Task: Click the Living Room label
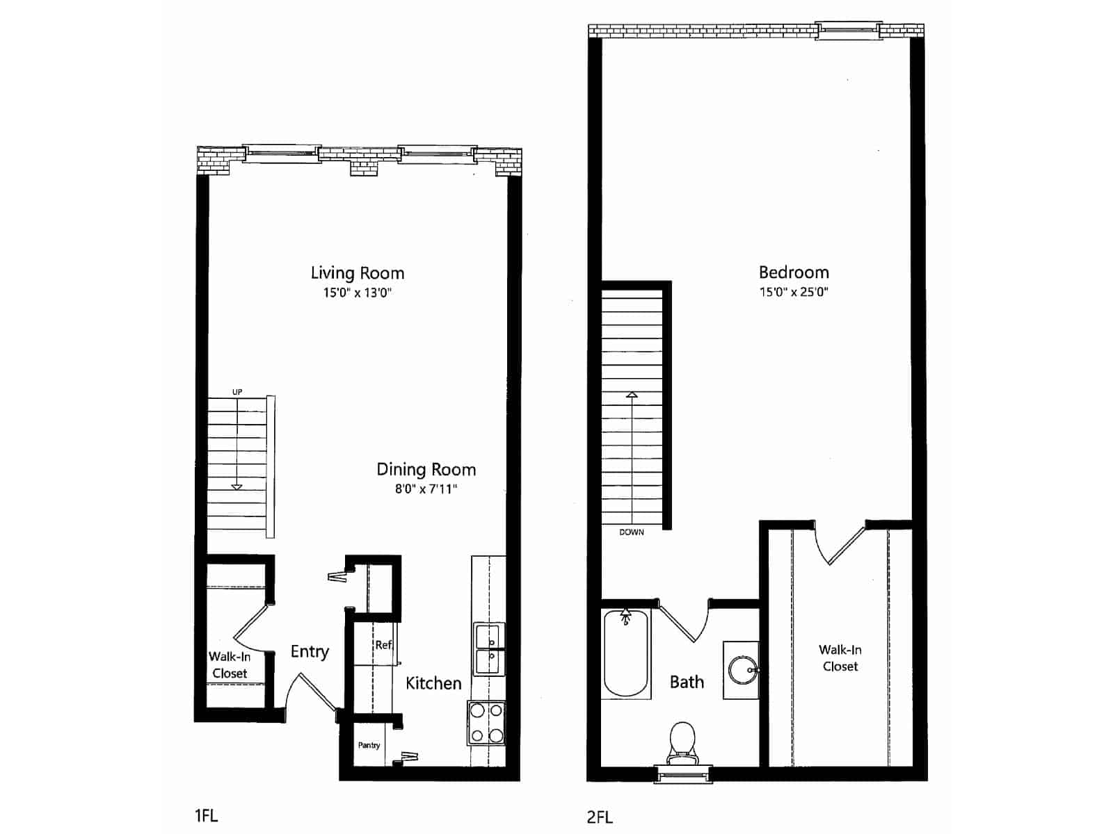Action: (x=357, y=273)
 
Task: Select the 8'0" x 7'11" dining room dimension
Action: (x=426, y=489)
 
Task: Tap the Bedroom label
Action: (x=793, y=272)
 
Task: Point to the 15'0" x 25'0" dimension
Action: (x=793, y=292)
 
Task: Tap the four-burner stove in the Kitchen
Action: (x=486, y=723)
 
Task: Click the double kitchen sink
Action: (x=489, y=649)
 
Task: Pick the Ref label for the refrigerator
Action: (x=383, y=645)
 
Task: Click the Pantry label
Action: (x=369, y=745)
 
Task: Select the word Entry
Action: (x=310, y=652)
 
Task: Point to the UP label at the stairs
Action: (x=237, y=392)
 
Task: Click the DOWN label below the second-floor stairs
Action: (x=632, y=532)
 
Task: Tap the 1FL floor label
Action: (x=206, y=815)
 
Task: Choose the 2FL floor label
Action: (x=600, y=817)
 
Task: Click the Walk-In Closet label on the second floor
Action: (x=840, y=658)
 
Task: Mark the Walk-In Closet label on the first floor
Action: (x=230, y=665)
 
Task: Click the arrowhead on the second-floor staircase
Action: (x=632, y=395)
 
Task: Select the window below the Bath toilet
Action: (x=682, y=774)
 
